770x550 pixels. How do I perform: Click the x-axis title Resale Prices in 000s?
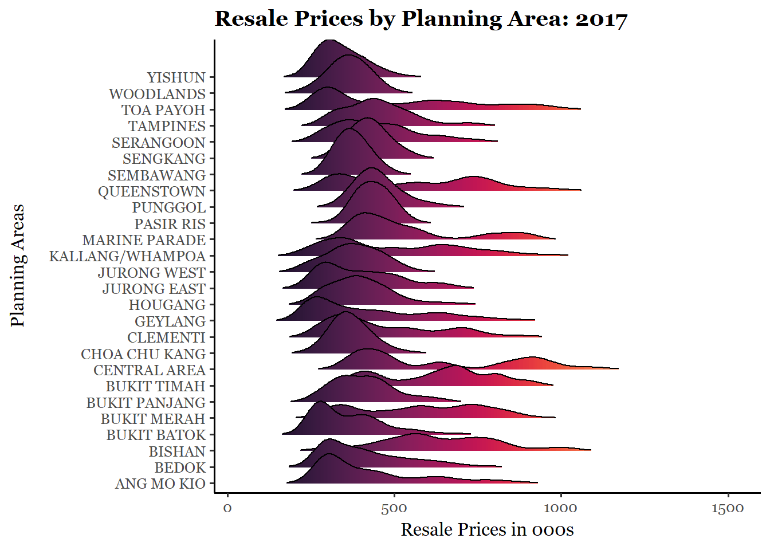pos(487,529)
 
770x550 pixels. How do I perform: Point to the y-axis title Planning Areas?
pos(18,265)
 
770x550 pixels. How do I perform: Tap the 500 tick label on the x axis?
pos(394,508)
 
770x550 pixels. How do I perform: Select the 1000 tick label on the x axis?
pos(561,508)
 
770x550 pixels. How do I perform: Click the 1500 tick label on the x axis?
pos(728,508)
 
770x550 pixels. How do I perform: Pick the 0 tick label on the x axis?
pos(227,508)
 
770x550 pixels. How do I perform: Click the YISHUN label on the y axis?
pos(176,77)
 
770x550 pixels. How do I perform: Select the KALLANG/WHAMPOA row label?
pos(127,256)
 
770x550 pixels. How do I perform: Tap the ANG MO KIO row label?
pos(160,484)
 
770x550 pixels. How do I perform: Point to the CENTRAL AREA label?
pos(149,370)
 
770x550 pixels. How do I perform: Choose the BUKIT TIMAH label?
pos(155,386)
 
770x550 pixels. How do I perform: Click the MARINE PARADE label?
pos(143,240)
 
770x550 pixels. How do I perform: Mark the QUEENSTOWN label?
pos(151,191)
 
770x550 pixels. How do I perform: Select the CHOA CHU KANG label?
pos(143,354)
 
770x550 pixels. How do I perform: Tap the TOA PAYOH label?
pos(163,110)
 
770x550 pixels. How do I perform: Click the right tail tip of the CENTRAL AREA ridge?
pos(618,368)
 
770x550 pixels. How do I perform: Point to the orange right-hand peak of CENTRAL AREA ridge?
pos(532,359)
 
